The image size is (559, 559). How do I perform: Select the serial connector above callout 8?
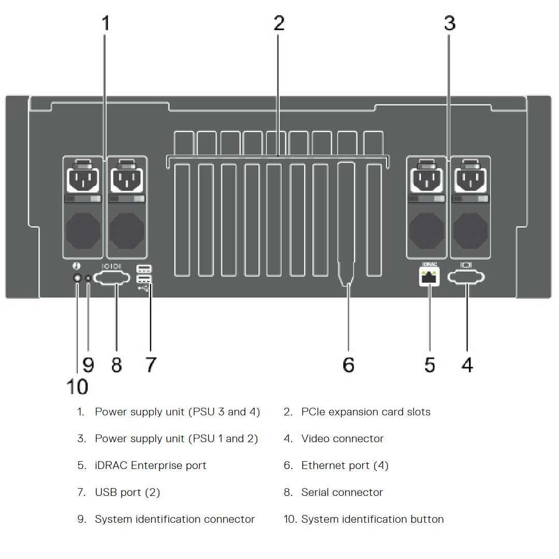pos(116,278)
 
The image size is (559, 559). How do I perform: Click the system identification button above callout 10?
pos(77,278)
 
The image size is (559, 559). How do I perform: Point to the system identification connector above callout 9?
pos(89,278)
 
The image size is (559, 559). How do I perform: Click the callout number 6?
pos(348,365)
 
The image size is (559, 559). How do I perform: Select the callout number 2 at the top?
pos(279,23)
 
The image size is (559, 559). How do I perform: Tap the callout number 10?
pos(77,386)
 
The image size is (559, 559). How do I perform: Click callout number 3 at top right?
pos(449,23)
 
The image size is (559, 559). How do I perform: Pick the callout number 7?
pos(150,365)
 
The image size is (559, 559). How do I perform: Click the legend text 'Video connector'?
pos(342,439)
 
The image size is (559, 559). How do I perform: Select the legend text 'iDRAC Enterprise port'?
pos(150,466)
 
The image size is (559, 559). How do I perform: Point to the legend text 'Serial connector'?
pos(342,493)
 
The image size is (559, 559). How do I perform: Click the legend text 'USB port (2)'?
pos(127,493)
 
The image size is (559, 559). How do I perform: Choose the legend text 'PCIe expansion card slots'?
pos(365,412)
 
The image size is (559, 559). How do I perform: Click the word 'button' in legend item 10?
pos(426,519)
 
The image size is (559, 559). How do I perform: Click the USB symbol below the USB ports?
pos(143,288)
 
